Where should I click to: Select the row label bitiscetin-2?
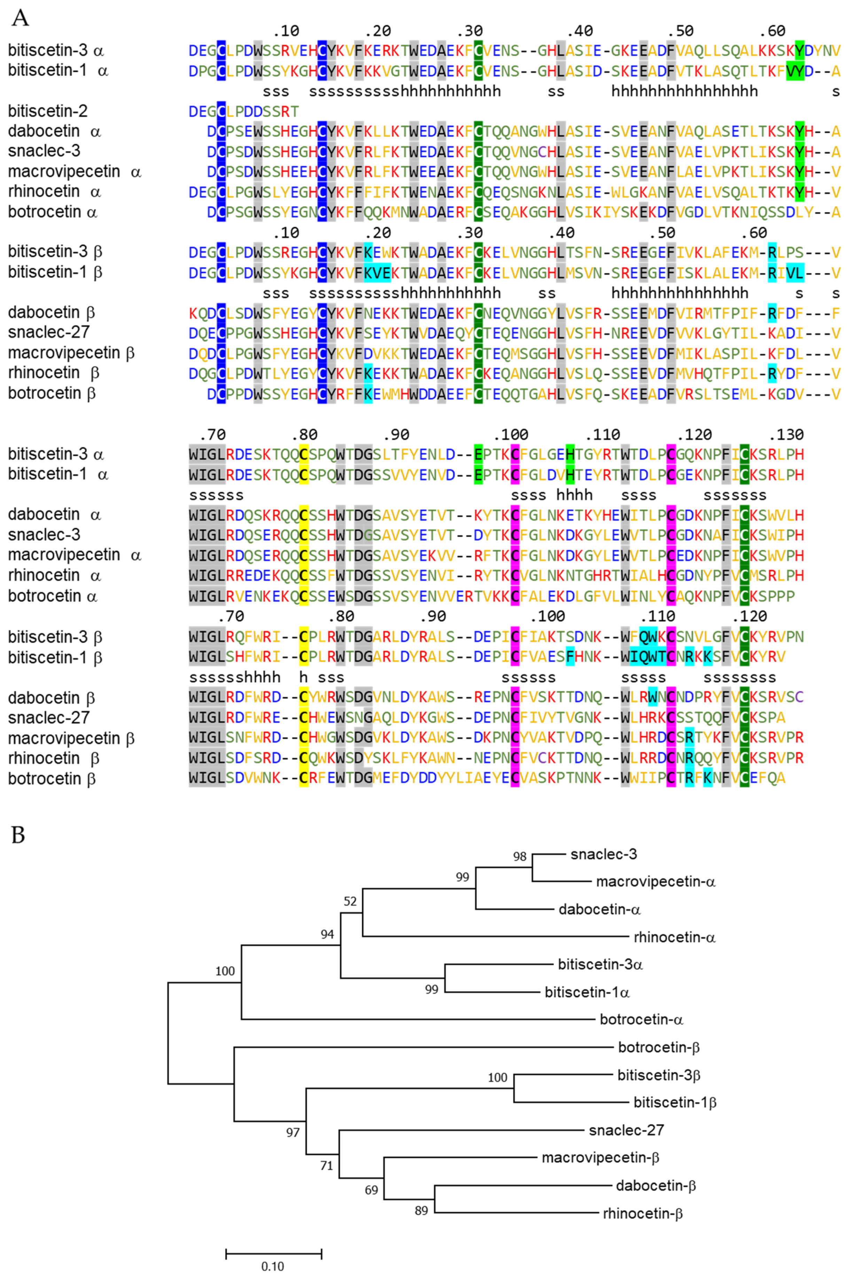click(48, 111)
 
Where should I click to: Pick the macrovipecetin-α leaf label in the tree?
click(656, 882)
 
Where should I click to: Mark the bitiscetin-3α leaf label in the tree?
click(600, 964)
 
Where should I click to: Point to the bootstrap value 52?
click(350, 901)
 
